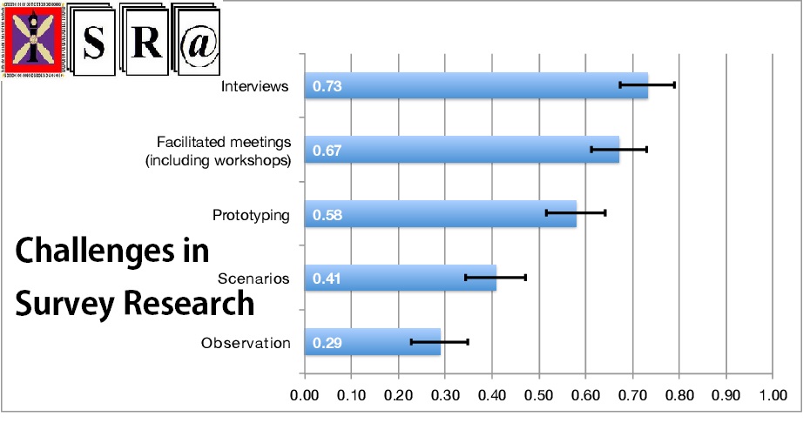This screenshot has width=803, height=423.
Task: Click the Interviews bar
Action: point(476,85)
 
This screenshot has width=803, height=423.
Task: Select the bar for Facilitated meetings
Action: point(462,150)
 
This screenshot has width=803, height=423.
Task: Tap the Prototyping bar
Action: point(440,213)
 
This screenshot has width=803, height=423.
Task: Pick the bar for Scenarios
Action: point(400,278)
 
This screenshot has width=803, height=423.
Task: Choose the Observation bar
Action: point(372,342)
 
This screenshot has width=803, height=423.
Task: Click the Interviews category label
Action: point(254,86)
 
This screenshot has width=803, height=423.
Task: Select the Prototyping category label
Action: point(251,214)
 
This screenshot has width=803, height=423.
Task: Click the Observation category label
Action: point(246,343)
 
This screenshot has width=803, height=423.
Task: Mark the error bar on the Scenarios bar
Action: point(496,278)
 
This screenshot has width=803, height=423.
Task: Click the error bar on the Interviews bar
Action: point(647,85)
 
